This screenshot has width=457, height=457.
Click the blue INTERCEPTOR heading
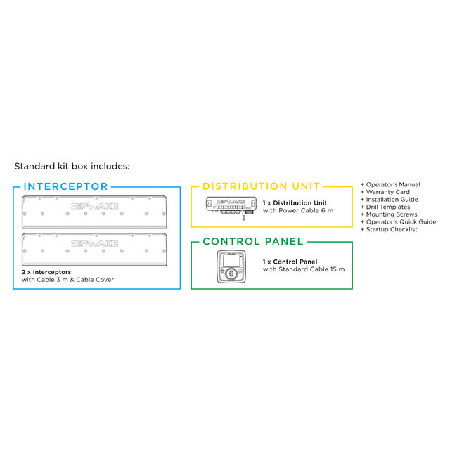click(65, 186)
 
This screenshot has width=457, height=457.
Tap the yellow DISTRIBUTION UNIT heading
click(262, 186)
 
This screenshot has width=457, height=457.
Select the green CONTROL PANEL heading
click(253, 241)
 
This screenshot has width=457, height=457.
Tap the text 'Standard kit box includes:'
click(72, 167)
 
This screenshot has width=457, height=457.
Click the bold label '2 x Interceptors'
click(46, 271)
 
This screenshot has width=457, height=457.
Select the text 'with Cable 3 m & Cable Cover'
click(67, 279)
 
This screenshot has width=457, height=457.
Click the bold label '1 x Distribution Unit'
click(295, 202)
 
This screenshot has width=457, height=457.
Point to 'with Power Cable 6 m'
click(298, 210)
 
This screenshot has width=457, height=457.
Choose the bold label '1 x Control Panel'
click(290, 262)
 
